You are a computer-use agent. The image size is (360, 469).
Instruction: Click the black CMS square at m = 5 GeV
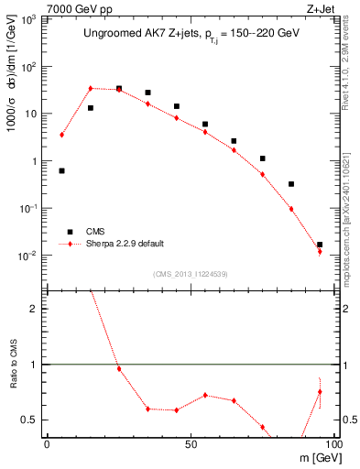[61, 170]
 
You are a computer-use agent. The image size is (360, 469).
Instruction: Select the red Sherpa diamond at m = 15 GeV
[91, 89]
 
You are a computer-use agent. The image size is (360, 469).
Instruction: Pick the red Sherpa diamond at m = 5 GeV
[61, 135]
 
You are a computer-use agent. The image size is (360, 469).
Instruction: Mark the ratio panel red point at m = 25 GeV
[119, 368]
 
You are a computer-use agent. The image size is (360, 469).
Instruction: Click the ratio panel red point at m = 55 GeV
[205, 396]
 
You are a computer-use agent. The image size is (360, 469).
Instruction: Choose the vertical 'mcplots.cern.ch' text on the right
[352, 247]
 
